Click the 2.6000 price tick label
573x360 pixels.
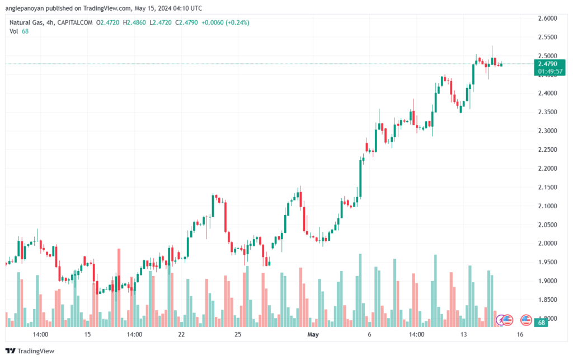point(547,18)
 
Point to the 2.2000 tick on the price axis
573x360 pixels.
point(547,169)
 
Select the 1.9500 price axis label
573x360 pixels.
point(547,262)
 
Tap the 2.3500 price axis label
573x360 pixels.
point(547,112)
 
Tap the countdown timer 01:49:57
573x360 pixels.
point(550,71)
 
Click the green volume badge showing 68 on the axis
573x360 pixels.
point(541,322)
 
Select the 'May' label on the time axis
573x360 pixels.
point(313,334)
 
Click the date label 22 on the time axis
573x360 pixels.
point(181,334)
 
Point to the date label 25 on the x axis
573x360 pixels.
point(238,334)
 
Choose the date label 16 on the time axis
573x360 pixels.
point(520,334)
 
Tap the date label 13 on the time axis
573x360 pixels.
point(463,334)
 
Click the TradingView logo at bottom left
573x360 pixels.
point(30,351)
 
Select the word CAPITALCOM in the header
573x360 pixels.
point(75,22)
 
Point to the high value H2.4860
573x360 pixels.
point(134,22)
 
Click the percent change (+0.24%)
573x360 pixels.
point(237,22)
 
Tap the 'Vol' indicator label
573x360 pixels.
point(13,31)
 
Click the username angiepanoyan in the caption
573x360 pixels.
point(25,8)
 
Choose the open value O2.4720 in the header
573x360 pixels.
point(107,22)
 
